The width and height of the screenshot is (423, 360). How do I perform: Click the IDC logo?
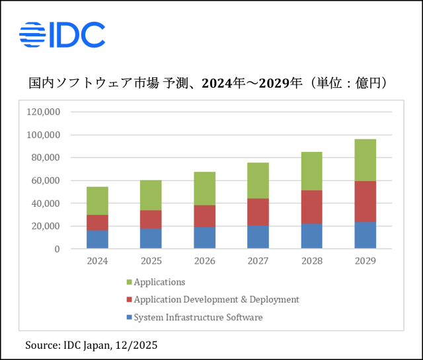(x=62, y=35)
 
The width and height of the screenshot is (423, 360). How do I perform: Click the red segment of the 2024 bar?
(x=97, y=223)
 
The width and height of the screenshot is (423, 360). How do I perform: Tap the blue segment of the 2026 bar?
(x=204, y=238)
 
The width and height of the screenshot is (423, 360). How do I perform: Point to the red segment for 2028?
(x=311, y=207)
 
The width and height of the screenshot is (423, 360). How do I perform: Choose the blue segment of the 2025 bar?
(x=151, y=238)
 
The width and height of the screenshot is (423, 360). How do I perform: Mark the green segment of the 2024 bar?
(x=97, y=201)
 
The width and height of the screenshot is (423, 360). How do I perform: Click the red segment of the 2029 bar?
(x=365, y=201)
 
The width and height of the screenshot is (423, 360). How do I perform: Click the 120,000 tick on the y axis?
(x=43, y=112)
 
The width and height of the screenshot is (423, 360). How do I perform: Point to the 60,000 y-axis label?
(x=46, y=180)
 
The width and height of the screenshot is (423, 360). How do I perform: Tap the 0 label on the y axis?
(x=58, y=249)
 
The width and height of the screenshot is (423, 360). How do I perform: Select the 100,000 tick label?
(x=43, y=135)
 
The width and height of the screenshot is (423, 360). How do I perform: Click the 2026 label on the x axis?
(x=204, y=261)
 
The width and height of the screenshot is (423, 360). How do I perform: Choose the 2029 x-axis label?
(x=365, y=261)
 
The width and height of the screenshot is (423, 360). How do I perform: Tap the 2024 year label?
(x=97, y=261)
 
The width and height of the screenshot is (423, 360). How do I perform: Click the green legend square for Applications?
(x=129, y=282)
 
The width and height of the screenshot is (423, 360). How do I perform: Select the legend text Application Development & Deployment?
(x=216, y=300)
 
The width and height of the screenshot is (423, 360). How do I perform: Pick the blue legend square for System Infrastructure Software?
(x=129, y=318)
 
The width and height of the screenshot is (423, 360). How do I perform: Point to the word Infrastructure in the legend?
(x=196, y=318)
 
